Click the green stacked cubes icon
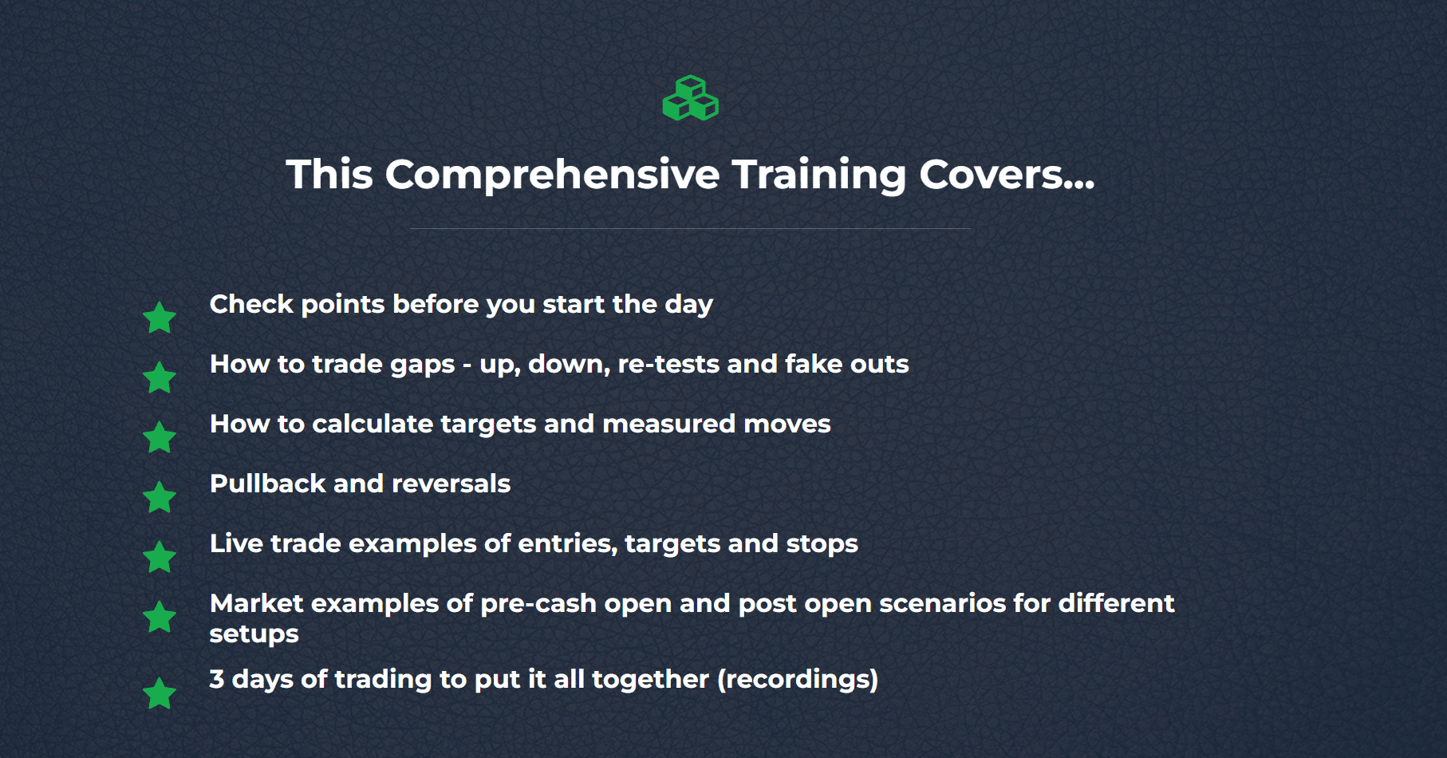click(691, 98)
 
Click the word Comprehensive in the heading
click(553, 175)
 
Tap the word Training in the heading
click(819, 176)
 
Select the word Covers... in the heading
click(1007, 175)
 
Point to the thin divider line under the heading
click(690, 229)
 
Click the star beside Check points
click(160, 318)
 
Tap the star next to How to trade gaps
click(160, 377)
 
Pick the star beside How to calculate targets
click(160, 437)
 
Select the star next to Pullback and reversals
click(160, 497)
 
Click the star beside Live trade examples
click(160, 557)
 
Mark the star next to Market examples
click(160, 617)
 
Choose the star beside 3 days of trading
click(160, 693)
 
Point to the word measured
click(668, 424)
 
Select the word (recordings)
click(798, 680)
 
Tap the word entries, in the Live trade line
click(567, 544)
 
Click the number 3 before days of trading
click(217, 679)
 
